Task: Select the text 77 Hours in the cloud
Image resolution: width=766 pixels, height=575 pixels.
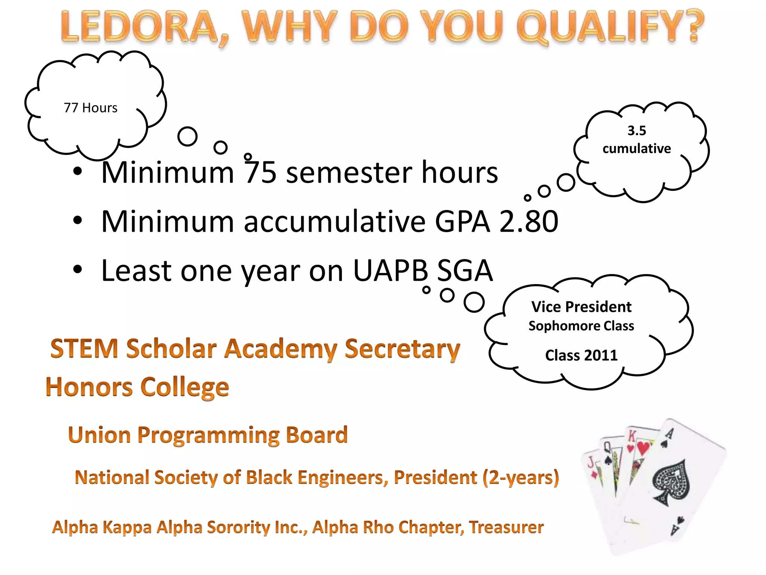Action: [91, 108]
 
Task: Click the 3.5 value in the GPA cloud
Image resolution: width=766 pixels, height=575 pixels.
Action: [637, 131]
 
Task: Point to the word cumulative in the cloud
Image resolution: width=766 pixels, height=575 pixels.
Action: [637, 149]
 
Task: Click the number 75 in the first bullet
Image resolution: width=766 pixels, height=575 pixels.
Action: [261, 173]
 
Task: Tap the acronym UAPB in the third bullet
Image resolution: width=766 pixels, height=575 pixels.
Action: [390, 270]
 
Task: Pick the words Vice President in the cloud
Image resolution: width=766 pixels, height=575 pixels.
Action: [581, 307]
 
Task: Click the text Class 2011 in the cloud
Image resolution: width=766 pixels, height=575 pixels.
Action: [581, 355]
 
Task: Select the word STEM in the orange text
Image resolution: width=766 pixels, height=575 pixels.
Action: [85, 349]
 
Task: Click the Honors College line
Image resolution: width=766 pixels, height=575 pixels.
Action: [137, 387]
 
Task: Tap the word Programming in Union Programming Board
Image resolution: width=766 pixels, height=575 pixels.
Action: [208, 435]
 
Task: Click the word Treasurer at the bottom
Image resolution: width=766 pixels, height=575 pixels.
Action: [506, 527]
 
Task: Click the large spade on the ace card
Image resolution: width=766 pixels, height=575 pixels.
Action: [671, 482]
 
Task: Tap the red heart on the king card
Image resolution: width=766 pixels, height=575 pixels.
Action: [643, 447]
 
